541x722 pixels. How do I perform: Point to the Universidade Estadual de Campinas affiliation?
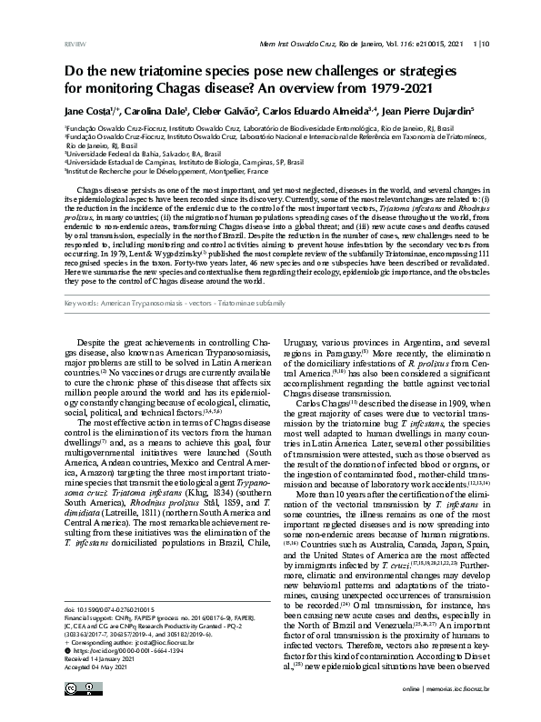173,162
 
